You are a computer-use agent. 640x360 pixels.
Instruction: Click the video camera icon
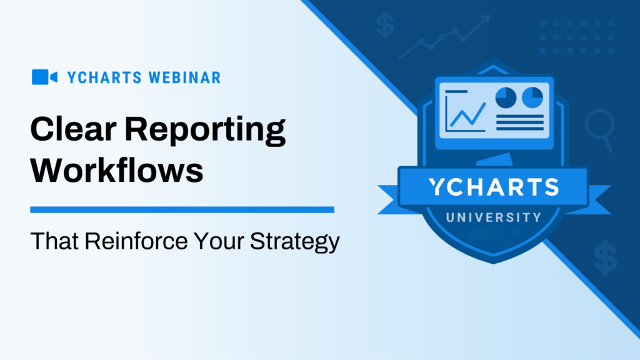[x=44, y=77]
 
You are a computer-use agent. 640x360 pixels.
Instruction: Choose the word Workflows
[x=117, y=169]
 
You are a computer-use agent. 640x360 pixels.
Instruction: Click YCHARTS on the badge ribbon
[x=494, y=187]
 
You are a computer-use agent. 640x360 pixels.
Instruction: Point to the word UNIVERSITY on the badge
[x=493, y=217]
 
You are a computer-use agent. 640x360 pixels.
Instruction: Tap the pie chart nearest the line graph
[x=505, y=97]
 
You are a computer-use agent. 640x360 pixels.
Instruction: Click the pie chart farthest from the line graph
[x=532, y=97]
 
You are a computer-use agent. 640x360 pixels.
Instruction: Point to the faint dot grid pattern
[x=576, y=36]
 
